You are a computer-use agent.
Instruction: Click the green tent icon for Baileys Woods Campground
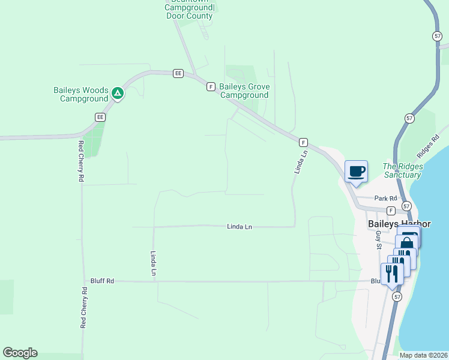click(118, 94)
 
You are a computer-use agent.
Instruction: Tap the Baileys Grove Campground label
click(244, 91)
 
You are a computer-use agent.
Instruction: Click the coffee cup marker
click(356, 171)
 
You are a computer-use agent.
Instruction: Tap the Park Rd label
click(385, 199)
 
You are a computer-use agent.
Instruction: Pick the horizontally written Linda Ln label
click(240, 227)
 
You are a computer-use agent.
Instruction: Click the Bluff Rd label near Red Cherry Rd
click(102, 281)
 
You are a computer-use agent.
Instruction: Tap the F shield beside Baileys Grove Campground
click(211, 87)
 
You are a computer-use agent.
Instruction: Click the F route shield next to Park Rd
click(391, 211)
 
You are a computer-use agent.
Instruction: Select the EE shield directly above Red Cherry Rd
click(100, 117)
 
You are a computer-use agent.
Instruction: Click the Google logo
click(20, 353)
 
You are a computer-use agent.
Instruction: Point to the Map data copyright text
click(423, 355)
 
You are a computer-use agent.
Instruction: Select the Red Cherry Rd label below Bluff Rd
click(83, 307)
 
